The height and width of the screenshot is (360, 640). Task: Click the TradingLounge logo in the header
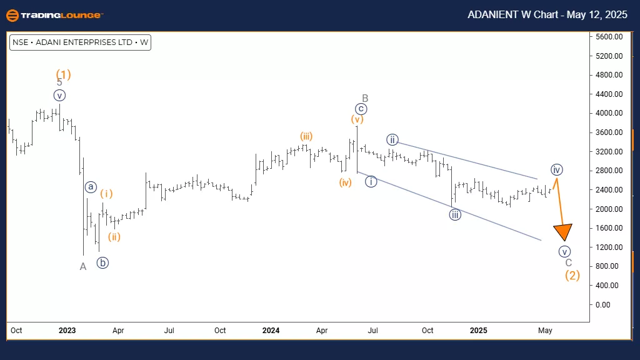pos(54,14)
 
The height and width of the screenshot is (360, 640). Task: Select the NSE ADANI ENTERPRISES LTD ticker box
pos(81,42)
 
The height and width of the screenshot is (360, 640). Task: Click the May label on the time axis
pos(545,329)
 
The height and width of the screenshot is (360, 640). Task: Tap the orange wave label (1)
pos(63,74)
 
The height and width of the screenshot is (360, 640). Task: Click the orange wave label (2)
pos(572,275)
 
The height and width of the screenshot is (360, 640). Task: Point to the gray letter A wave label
pos(82,267)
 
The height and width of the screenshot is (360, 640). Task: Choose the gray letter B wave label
pos(365,98)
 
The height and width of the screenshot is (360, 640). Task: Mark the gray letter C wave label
pos(568,262)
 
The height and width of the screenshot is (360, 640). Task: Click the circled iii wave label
pos(455,215)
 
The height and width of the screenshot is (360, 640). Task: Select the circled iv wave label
pos(557,169)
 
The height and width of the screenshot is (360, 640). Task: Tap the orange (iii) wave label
pos(306,136)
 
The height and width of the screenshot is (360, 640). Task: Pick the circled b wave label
pos(102,262)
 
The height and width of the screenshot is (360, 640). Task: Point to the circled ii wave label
pos(392,139)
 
